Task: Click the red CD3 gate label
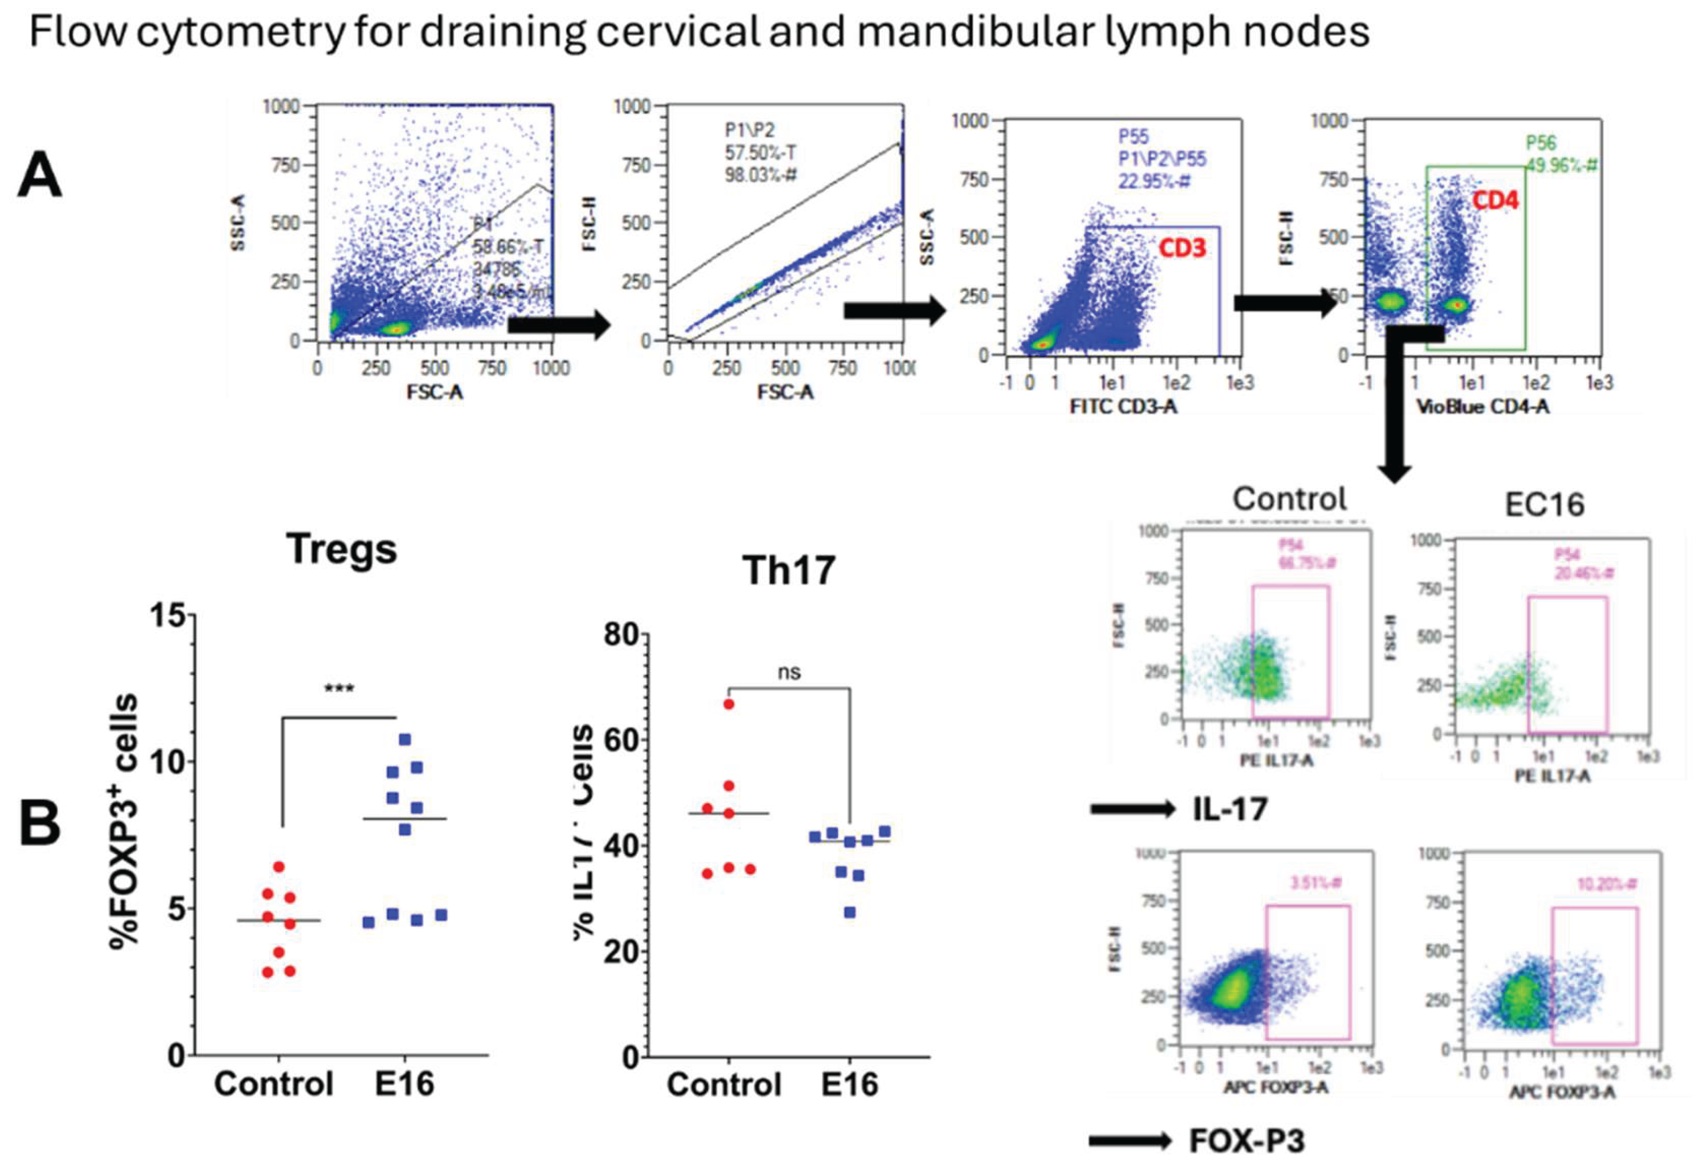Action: click(1181, 248)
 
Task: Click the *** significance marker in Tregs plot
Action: click(338, 688)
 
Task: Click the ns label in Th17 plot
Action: click(789, 672)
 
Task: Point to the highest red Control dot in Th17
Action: click(728, 704)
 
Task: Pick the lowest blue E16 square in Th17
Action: click(850, 913)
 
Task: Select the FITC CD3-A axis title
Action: click(1123, 406)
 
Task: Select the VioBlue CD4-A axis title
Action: click(1482, 406)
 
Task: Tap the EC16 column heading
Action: click(1544, 505)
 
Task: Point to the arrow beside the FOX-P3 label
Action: click(1131, 1141)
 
